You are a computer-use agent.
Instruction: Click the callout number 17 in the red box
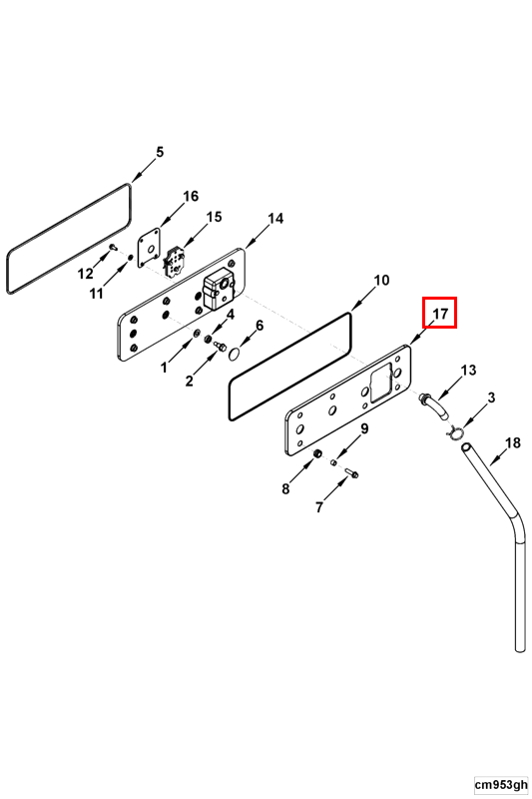(x=440, y=313)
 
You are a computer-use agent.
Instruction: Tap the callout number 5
(x=160, y=152)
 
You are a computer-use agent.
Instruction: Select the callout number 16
(x=191, y=196)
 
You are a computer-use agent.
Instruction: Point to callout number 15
(x=214, y=217)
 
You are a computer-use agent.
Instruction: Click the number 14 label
(x=275, y=219)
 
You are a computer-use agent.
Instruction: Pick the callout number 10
(x=381, y=281)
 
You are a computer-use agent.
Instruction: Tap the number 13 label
(x=468, y=370)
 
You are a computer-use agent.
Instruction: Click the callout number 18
(x=513, y=442)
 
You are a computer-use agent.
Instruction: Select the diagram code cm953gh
(x=501, y=784)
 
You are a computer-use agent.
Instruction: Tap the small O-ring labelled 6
(x=235, y=354)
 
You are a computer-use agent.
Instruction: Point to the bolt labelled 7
(x=351, y=473)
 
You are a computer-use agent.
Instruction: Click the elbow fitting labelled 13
(x=433, y=406)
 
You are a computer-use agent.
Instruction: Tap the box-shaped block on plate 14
(x=218, y=292)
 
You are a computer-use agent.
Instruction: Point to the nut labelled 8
(x=317, y=453)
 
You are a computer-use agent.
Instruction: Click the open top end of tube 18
(x=466, y=447)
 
